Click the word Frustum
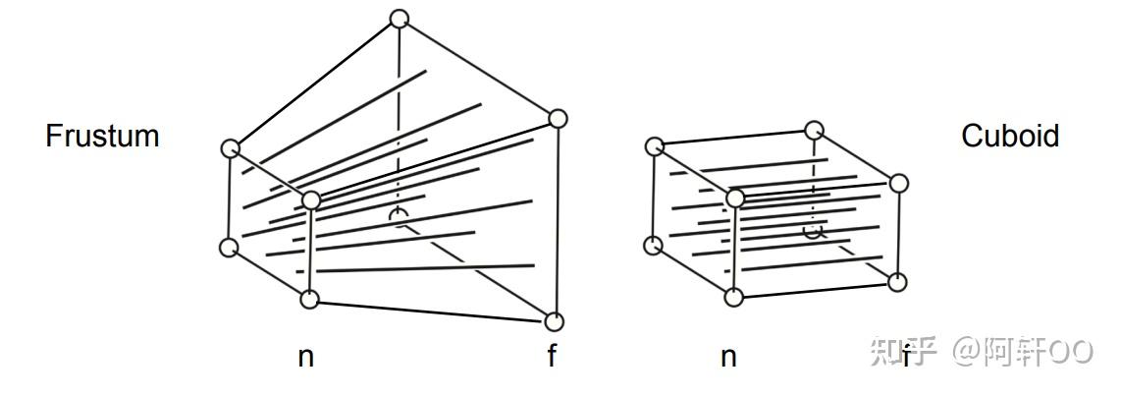click(102, 136)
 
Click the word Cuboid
click(1010, 136)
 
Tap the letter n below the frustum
click(306, 358)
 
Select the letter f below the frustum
click(552, 357)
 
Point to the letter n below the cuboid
click(728, 358)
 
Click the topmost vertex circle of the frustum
click(399, 18)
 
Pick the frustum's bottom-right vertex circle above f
click(555, 321)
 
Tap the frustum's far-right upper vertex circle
click(559, 119)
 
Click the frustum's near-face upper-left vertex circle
click(231, 148)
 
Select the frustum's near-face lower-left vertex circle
click(229, 247)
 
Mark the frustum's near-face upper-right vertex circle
click(311, 201)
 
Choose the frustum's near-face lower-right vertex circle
click(310, 300)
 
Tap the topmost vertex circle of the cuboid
click(814, 130)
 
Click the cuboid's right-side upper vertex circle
click(899, 183)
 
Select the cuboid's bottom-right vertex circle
click(897, 282)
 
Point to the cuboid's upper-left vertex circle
click(655, 146)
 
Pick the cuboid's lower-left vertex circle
click(653, 245)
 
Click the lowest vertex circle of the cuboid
click(733, 296)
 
